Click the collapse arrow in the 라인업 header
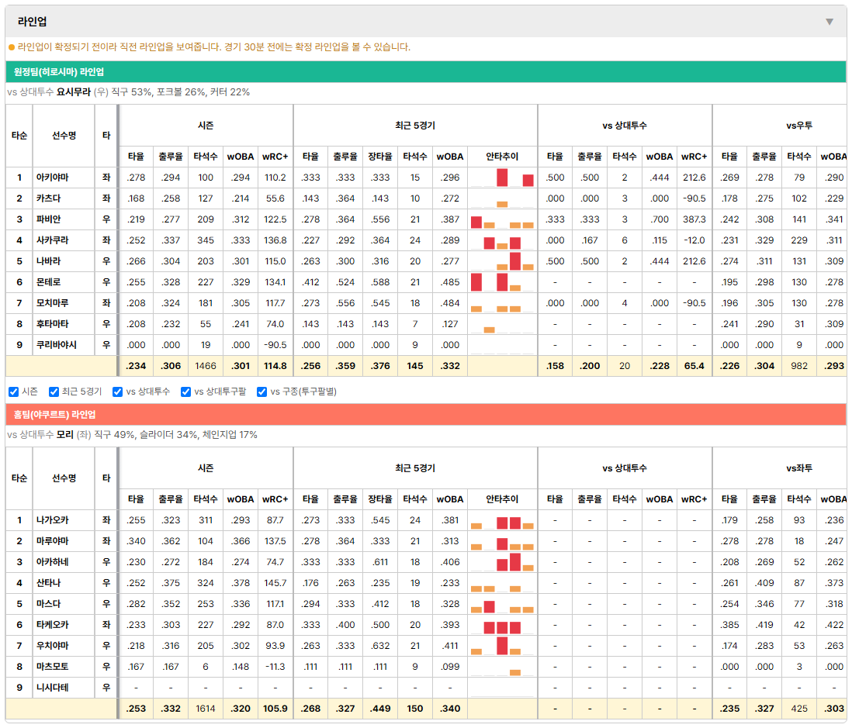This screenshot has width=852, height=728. tap(829, 22)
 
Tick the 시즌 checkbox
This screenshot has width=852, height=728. tap(14, 392)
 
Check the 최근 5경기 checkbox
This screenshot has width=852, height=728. tap(54, 392)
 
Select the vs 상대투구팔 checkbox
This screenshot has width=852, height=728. tap(185, 392)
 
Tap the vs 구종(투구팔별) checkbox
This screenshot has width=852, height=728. tap(262, 392)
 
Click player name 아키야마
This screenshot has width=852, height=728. tap(53, 178)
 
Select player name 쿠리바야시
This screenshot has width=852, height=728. tap(57, 345)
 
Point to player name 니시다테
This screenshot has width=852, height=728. tap(53, 687)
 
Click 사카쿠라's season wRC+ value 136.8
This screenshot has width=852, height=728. tap(275, 240)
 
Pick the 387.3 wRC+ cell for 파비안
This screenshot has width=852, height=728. tap(694, 219)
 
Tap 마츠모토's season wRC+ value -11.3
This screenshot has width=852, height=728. tap(275, 667)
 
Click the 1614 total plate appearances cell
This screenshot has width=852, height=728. tap(206, 709)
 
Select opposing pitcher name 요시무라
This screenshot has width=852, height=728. tap(74, 92)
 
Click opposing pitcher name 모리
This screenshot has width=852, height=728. tap(65, 435)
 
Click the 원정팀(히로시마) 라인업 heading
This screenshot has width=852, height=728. tap(59, 72)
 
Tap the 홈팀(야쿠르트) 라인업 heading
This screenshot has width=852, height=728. tap(54, 415)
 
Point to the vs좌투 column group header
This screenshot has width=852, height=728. tap(798, 468)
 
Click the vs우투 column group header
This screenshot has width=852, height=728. tap(798, 126)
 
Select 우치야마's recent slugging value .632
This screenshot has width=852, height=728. tap(380, 646)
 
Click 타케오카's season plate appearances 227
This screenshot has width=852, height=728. tap(206, 625)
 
